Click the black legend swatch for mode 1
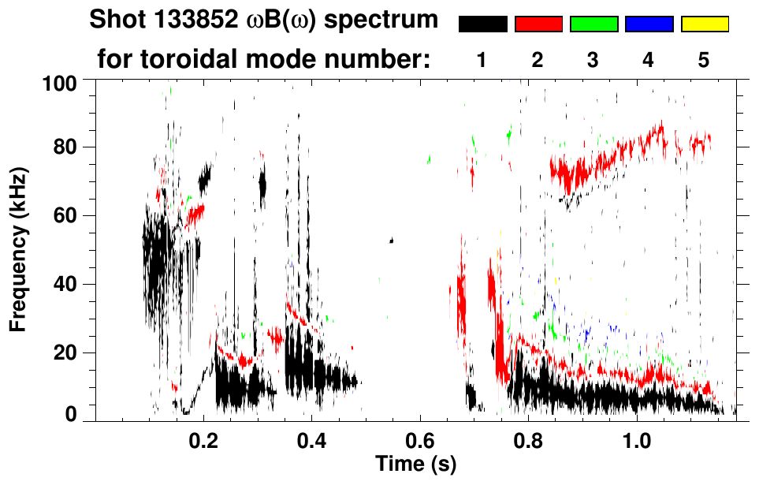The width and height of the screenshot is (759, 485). click(482, 25)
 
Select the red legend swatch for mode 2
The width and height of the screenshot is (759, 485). click(538, 25)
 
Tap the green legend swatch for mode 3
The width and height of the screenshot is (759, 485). click(593, 25)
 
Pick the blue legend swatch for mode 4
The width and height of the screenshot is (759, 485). click(649, 25)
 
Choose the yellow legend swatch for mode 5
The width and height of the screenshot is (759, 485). click(705, 25)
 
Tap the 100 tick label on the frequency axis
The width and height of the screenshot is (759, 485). click(60, 82)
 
